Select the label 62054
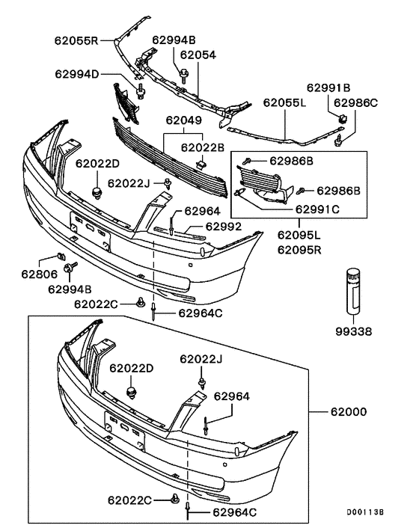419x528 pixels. pos(198,55)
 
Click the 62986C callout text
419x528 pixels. pos(377,102)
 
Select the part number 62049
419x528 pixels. pos(184,120)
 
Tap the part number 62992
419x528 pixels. pos(224,226)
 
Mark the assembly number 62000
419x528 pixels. pos(349,411)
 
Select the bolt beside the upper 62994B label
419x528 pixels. pos(183,73)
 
